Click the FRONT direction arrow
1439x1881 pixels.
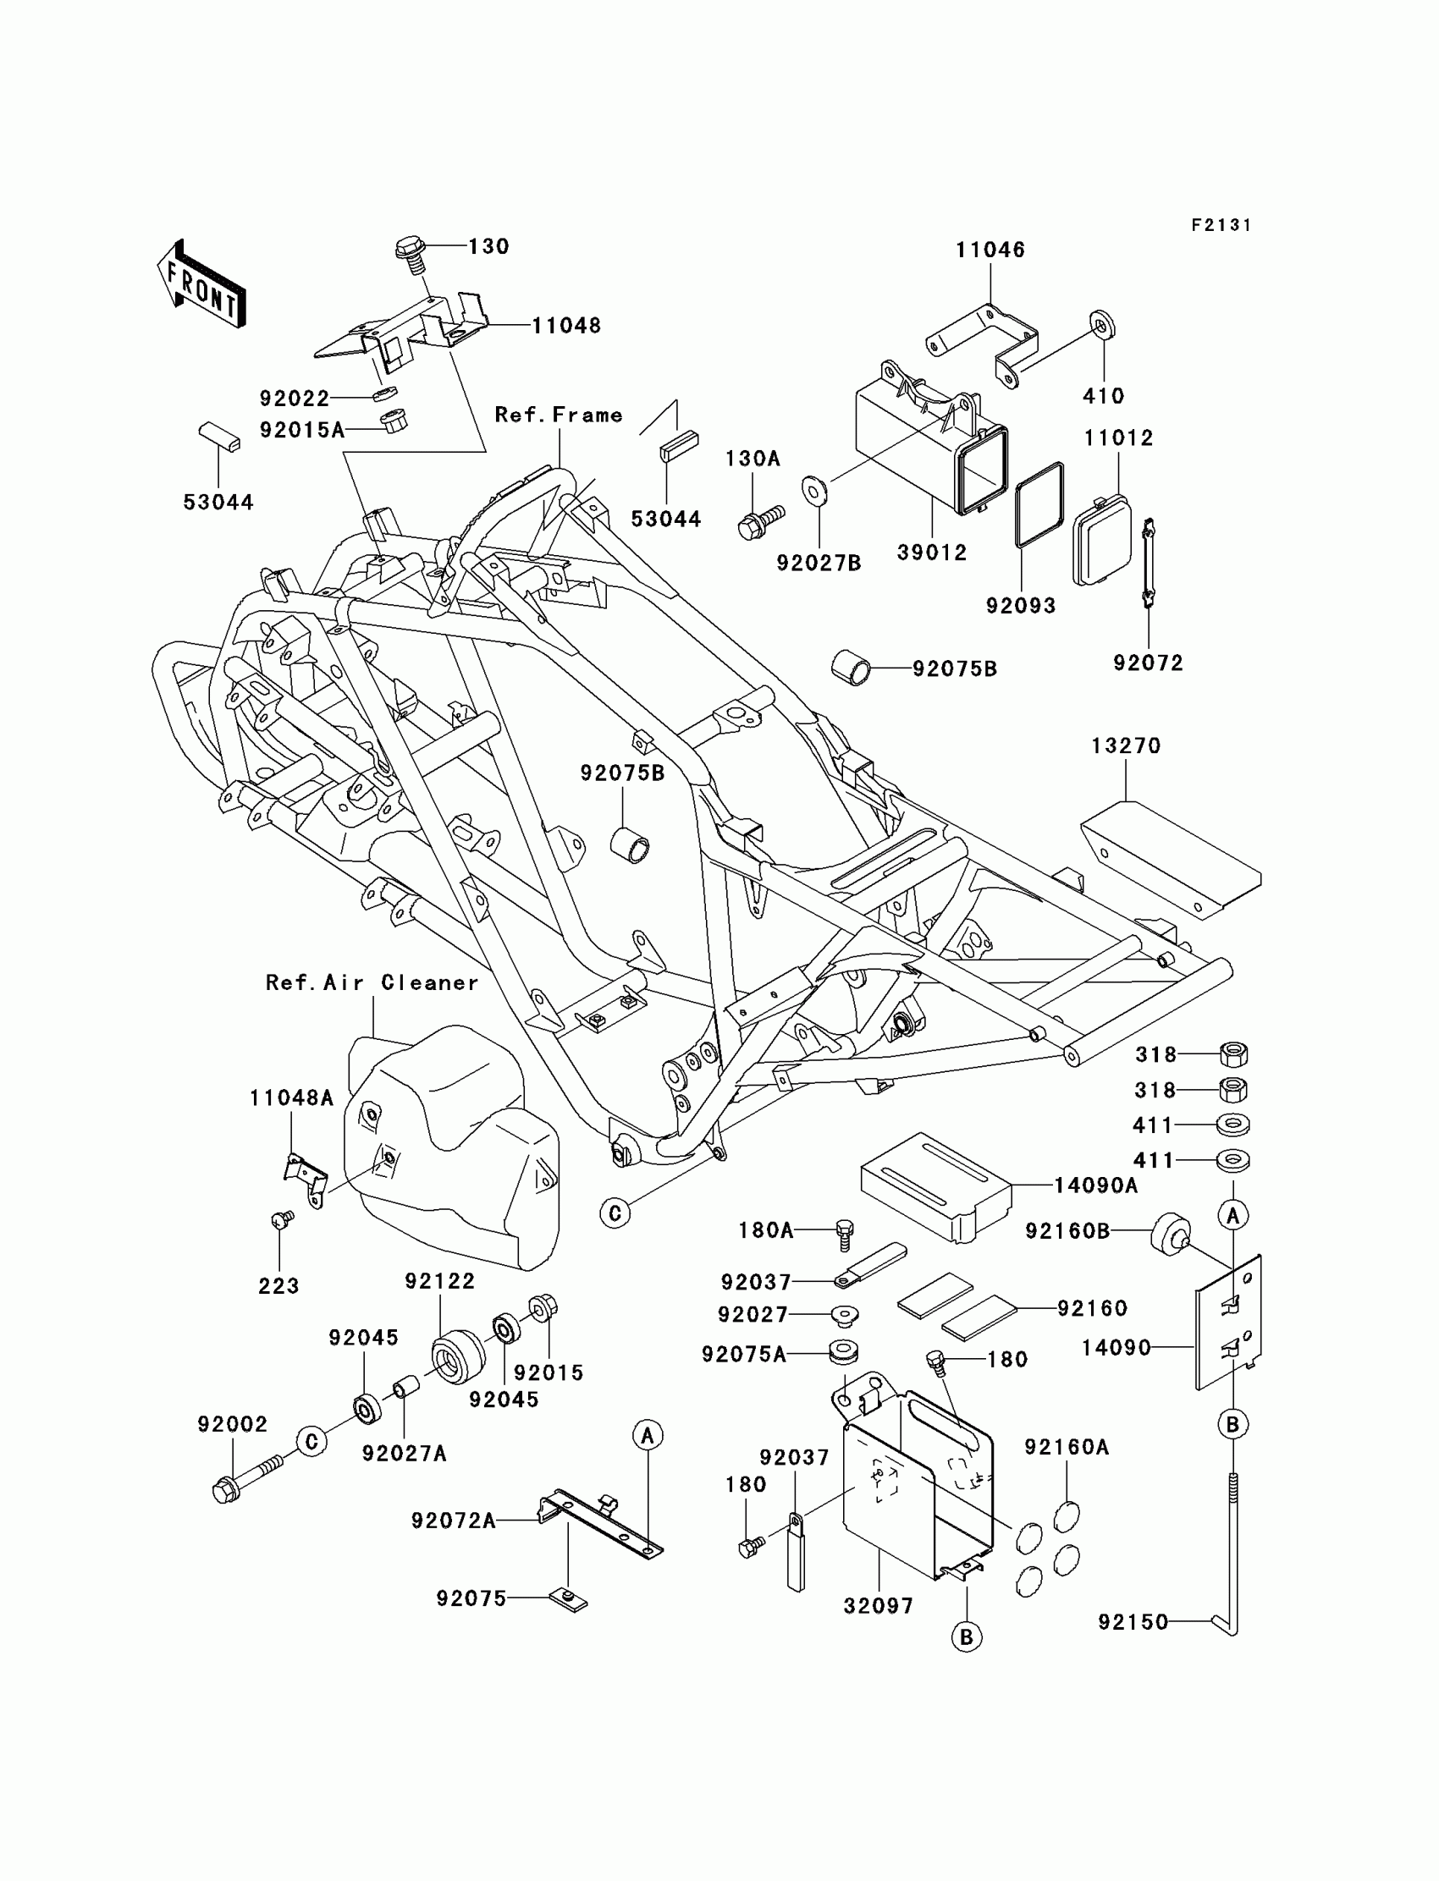(202, 284)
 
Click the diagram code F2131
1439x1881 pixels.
(1221, 225)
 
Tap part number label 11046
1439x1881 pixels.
(990, 250)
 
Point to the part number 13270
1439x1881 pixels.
(1126, 745)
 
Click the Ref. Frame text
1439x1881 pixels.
(559, 415)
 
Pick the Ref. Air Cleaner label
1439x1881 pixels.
(372, 983)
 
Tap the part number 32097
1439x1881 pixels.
(878, 1606)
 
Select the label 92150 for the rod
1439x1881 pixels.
(1133, 1621)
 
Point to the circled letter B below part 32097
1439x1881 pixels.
(966, 1637)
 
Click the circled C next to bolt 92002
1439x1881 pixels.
(312, 1442)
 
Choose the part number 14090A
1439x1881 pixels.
(1095, 1185)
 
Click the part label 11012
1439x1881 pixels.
(1118, 438)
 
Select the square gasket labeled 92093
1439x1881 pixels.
(1039, 504)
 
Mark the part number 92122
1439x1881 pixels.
(439, 1281)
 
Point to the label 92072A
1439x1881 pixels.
(453, 1521)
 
